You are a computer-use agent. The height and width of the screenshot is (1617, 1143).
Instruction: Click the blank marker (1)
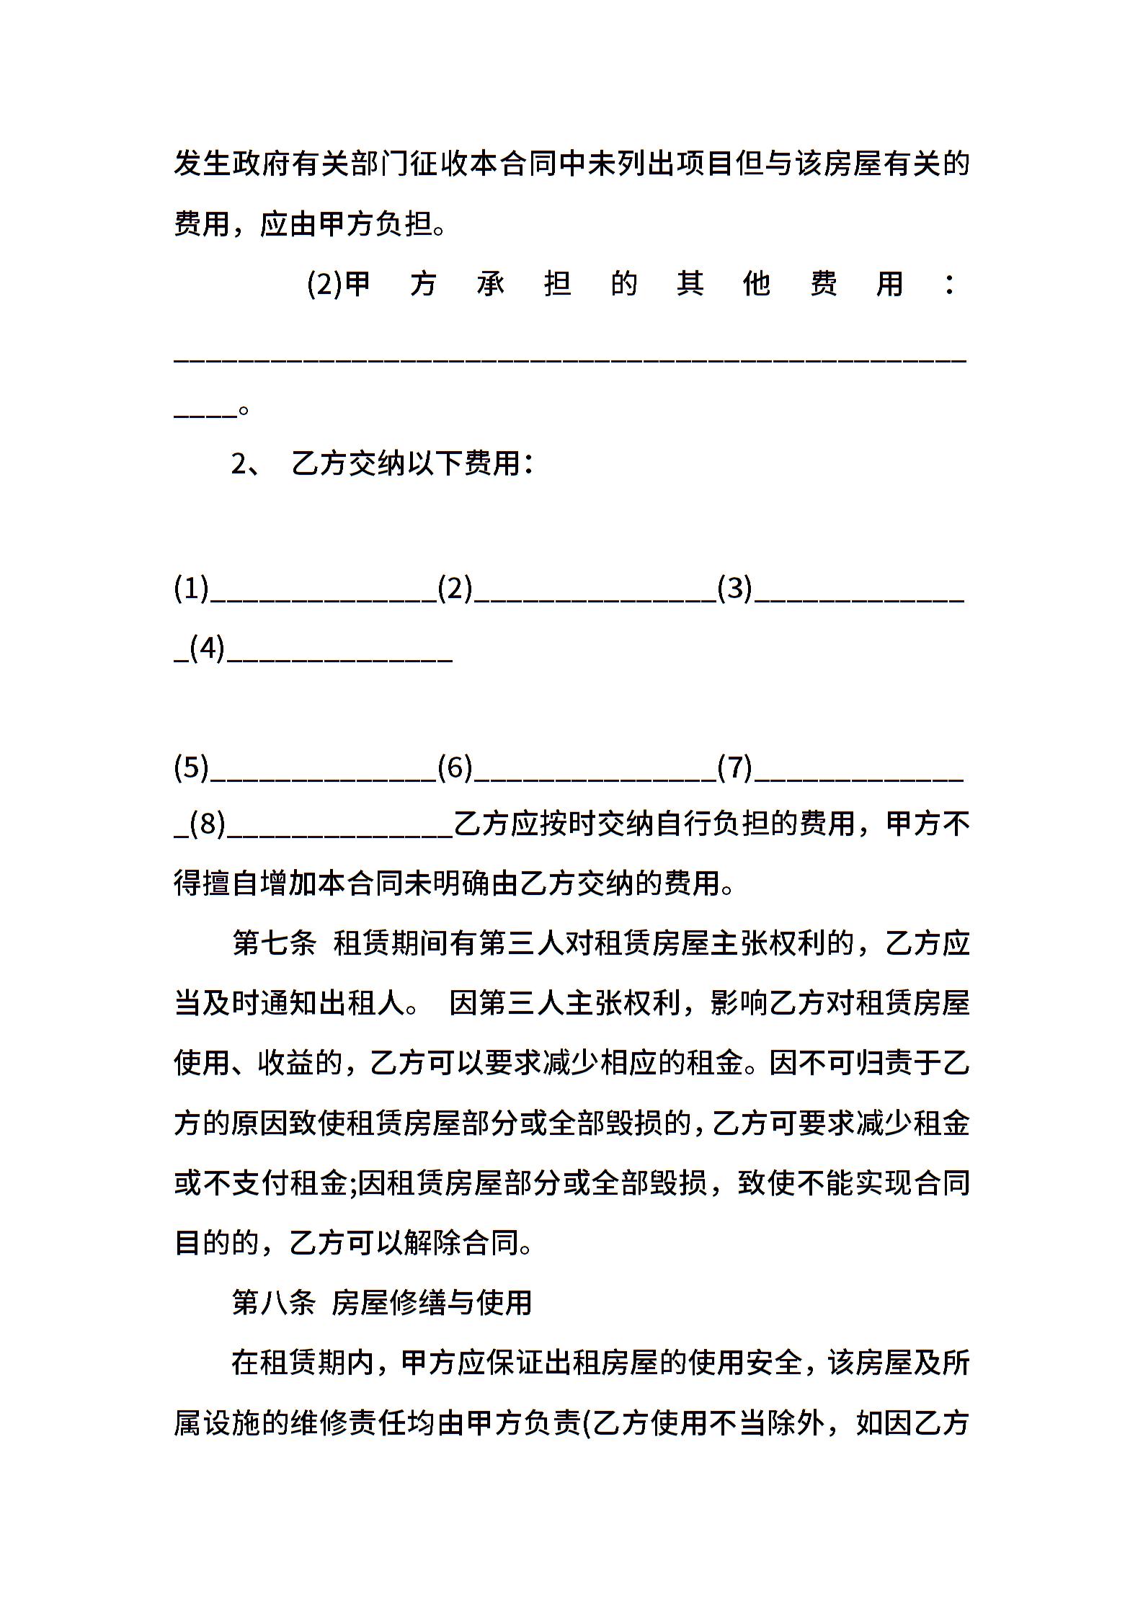191,589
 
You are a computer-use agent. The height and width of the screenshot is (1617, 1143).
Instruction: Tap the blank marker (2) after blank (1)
455,589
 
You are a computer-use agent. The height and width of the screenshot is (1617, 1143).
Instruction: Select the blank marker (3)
734,589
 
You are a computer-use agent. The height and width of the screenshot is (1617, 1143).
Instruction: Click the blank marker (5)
191,767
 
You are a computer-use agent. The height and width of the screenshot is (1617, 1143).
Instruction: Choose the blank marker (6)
455,767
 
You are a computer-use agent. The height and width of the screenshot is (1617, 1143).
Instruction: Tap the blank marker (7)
734,767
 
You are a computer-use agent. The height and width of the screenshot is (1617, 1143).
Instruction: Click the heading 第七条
274,943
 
